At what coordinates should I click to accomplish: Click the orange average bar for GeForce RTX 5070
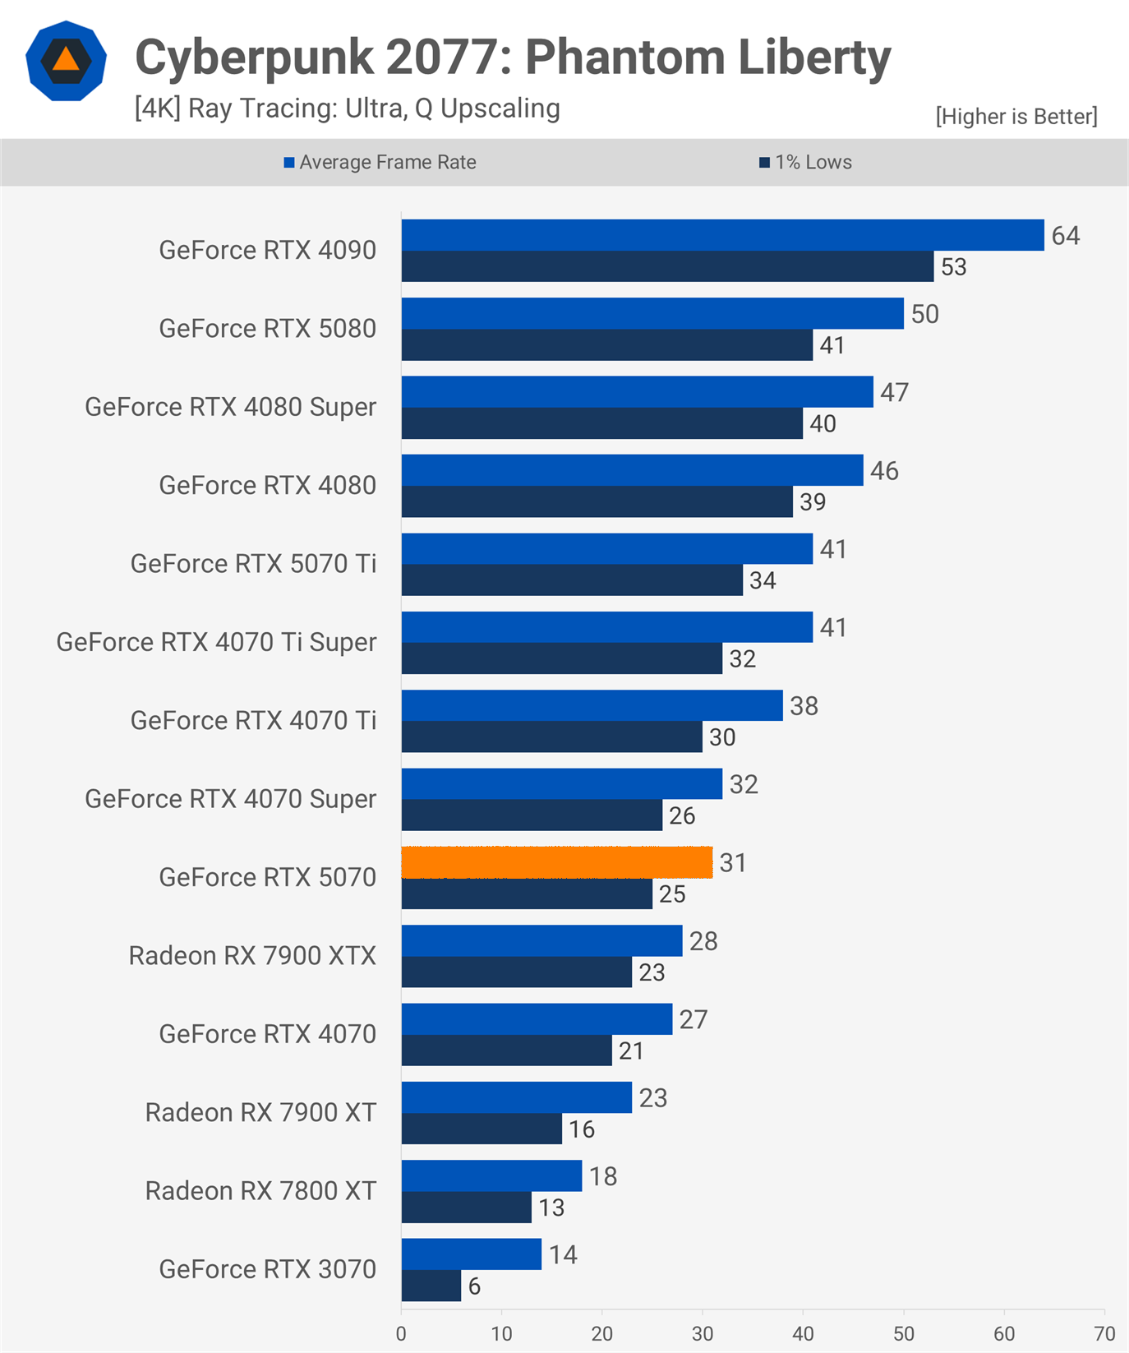point(557,862)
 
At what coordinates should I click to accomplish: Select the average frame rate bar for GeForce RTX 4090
point(722,235)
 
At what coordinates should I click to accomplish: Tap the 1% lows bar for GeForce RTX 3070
point(431,1286)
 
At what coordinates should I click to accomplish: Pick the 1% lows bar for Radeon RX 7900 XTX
point(517,972)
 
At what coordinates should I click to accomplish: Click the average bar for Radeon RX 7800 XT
point(491,1175)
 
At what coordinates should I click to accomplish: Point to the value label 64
point(1066,236)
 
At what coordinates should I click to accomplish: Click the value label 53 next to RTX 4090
point(954,267)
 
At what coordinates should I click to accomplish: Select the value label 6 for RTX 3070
point(474,1286)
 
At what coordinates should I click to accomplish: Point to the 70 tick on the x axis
point(1104,1333)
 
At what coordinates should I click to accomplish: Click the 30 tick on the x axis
point(703,1333)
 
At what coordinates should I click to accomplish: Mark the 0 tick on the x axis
point(401,1333)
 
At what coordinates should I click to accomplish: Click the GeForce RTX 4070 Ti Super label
point(216,642)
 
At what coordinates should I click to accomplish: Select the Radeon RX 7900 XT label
point(260,1112)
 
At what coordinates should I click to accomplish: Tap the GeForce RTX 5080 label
point(267,328)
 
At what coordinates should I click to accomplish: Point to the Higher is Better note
point(1016,117)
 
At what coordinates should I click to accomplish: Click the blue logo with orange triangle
point(66,61)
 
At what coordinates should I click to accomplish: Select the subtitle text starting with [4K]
point(347,109)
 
